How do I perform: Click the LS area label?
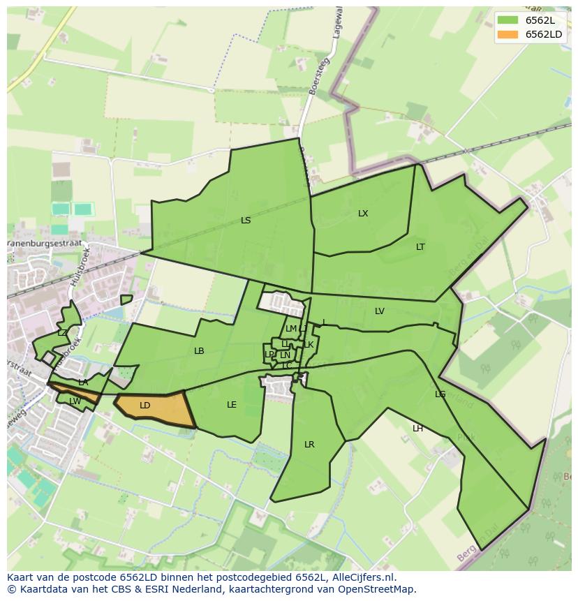point(246,221)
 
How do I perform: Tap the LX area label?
point(363,214)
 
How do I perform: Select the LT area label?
point(420,247)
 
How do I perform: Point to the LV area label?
point(380,311)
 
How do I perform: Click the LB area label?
point(199,351)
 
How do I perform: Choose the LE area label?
point(232,405)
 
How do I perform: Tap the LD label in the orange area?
point(145,406)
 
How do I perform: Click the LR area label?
point(309,445)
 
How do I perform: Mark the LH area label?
point(417,429)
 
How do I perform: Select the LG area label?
point(440,394)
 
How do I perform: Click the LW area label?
point(75,401)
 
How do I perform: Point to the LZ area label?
point(62,333)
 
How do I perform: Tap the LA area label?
point(83,383)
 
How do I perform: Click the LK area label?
point(309,345)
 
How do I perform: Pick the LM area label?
point(290,329)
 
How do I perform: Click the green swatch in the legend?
point(507,20)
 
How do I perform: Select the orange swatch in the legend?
point(507,34)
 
